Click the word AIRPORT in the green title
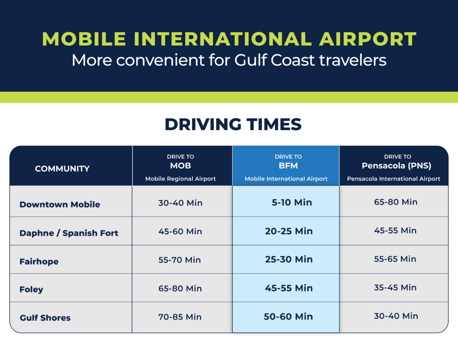tap(368, 39)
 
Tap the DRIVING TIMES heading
tap(233, 124)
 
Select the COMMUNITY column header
tap(62, 169)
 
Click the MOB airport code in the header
tap(181, 165)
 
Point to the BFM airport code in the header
tap(288, 165)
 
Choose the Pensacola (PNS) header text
tap(396, 165)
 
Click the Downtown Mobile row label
tap(60, 204)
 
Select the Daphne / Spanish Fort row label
tap(69, 233)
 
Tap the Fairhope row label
tap(39, 261)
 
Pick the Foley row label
tap(31, 289)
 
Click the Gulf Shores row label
tap(45, 318)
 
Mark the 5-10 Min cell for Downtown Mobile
tap(292, 202)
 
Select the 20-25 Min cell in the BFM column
tap(289, 231)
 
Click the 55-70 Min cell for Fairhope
tap(180, 260)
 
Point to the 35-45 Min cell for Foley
tap(395, 288)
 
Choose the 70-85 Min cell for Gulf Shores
tap(180, 317)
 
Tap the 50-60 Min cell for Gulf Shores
tap(288, 317)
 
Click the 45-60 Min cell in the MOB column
tap(180, 232)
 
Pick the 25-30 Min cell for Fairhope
tap(289, 259)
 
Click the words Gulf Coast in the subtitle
tap(275, 60)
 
